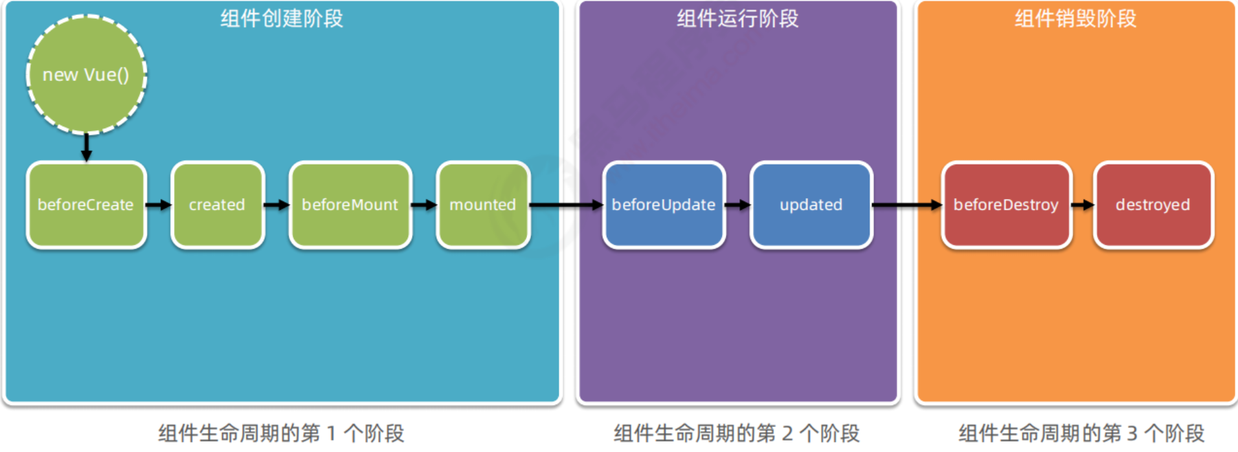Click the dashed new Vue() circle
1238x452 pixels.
click(x=86, y=74)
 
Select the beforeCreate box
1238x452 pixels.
click(x=86, y=205)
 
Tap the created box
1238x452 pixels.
click(x=218, y=205)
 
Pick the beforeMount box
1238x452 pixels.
click(x=350, y=205)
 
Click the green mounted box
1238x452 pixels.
click(x=483, y=205)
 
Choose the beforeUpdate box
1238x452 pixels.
click(x=664, y=205)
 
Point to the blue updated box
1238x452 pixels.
click(x=811, y=205)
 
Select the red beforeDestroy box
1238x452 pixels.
click(x=1006, y=205)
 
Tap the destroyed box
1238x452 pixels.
click(x=1153, y=205)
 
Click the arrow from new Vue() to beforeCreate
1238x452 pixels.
click(x=86, y=148)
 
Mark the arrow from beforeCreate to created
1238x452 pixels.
click(x=159, y=205)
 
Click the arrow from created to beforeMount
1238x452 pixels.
click(x=276, y=205)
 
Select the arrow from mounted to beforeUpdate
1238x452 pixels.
click(x=566, y=205)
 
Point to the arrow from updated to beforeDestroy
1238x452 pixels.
click(x=906, y=205)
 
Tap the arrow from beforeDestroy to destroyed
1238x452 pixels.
click(x=1083, y=205)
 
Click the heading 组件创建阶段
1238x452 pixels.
click(x=282, y=19)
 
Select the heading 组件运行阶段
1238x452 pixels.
click(x=737, y=19)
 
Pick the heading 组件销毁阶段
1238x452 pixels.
click(x=1075, y=19)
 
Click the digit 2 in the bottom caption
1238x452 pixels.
click(x=787, y=433)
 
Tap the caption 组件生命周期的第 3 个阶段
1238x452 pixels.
click(x=1081, y=433)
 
